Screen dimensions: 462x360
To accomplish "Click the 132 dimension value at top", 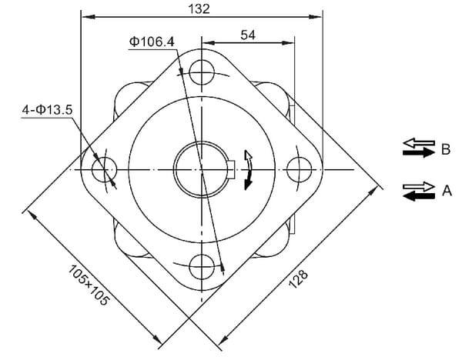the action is pos(199,8).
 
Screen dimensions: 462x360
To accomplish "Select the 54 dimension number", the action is pos(248,35).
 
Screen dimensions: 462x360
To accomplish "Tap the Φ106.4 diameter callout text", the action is pos(152,42).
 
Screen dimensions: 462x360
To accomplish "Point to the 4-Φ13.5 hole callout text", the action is pos(47,110).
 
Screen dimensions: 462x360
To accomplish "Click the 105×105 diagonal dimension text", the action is pos(89,285).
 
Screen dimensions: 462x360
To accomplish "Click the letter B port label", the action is pos(446,149).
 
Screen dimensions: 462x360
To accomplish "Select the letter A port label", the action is pos(447,191).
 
